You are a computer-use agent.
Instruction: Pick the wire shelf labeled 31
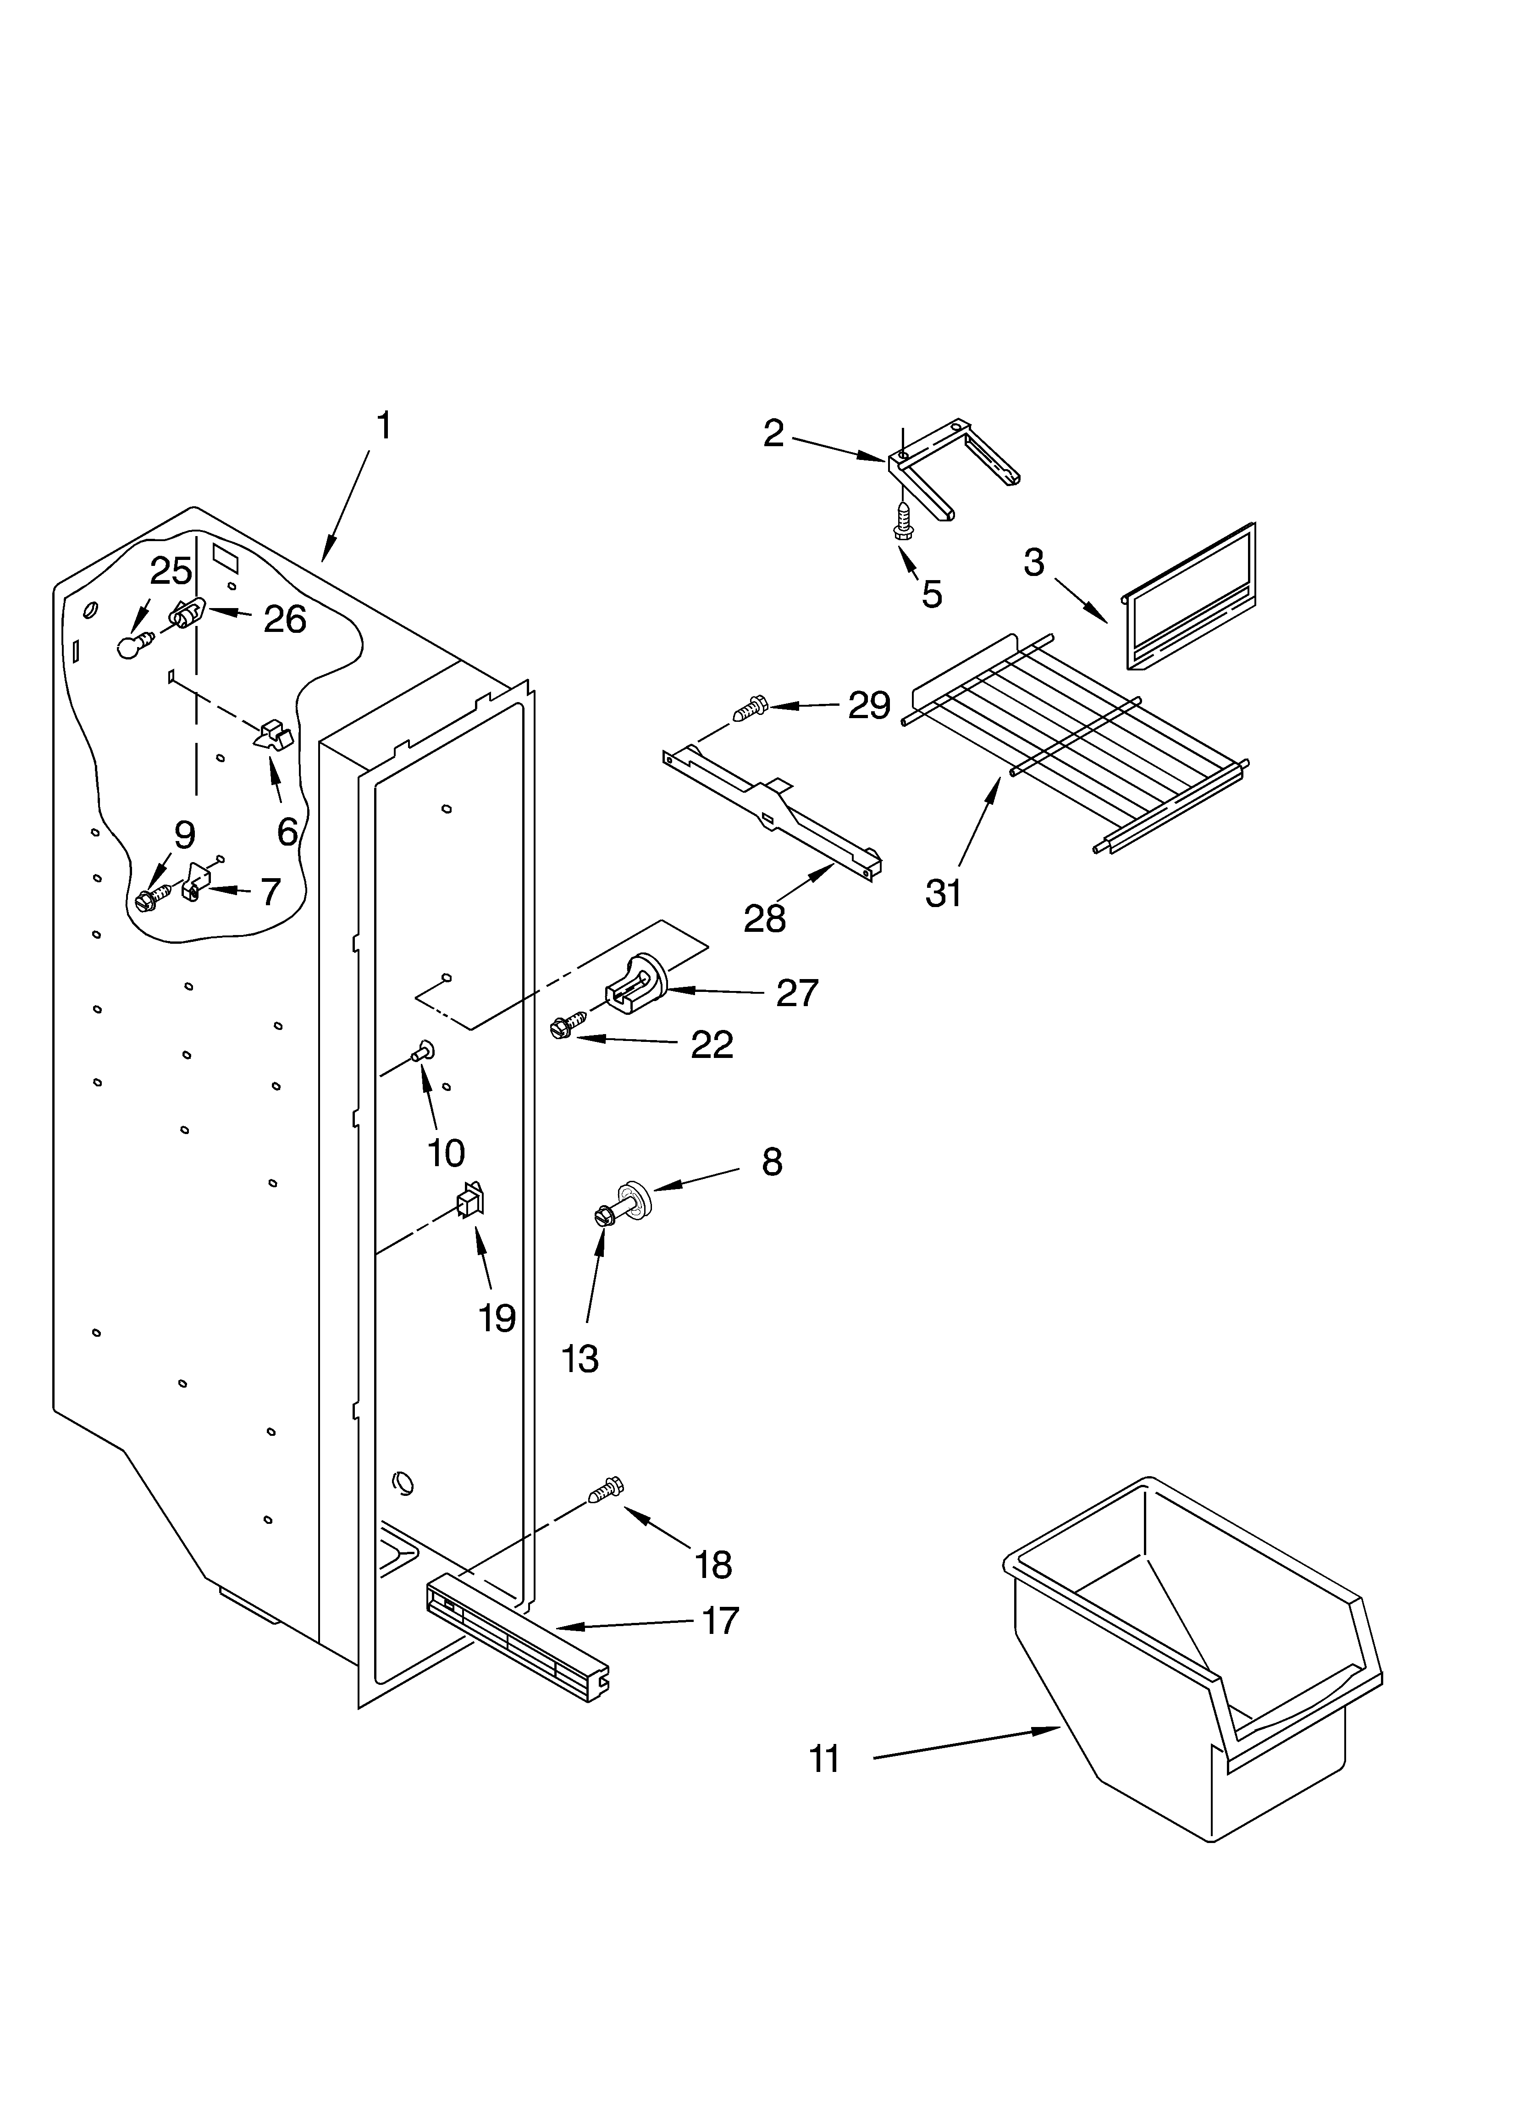(x=1075, y=738)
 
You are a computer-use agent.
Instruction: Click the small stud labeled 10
(x=424, y=1052)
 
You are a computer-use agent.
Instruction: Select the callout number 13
(x=580, y=1358)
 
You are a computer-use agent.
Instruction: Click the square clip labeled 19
(x=469, y=1199)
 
